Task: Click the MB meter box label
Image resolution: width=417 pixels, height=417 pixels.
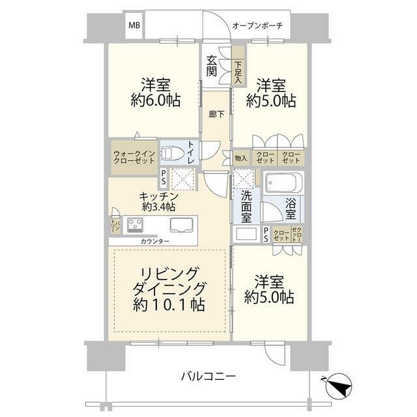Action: (x=134, y=26)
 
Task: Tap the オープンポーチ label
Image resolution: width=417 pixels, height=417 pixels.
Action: (x=257, y=26)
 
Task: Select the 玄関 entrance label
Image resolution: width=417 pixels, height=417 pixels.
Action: (x=212, y=66)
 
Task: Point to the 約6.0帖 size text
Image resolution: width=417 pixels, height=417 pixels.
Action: (x=155, y=101)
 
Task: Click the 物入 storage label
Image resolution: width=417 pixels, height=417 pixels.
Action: (x=240, y=158)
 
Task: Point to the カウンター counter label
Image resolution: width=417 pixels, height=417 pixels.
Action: (x=154, y=242)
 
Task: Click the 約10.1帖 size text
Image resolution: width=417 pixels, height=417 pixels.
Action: (x=170, y=304)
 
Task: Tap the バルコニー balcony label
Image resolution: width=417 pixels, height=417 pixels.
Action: (x=208, y=377)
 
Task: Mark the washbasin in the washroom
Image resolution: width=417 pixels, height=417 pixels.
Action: (x=247, y=233)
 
